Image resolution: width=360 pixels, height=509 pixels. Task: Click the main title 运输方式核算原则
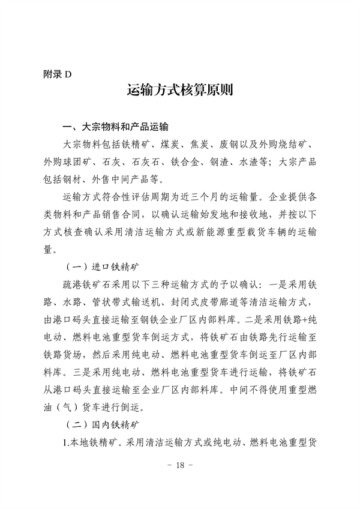[179, 92]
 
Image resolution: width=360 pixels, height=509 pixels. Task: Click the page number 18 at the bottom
[179, 466]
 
